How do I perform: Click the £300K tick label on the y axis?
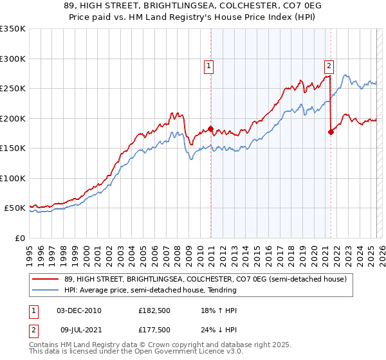12,59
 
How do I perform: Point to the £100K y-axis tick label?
12,178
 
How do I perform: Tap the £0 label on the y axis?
19,238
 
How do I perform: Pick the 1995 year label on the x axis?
30,251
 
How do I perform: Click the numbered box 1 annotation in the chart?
210,65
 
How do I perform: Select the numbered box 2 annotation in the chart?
329,65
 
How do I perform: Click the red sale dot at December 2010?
210,129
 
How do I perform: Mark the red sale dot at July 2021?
331,132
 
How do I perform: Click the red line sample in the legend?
47,279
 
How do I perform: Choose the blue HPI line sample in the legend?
47,290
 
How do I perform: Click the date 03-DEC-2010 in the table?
79,311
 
